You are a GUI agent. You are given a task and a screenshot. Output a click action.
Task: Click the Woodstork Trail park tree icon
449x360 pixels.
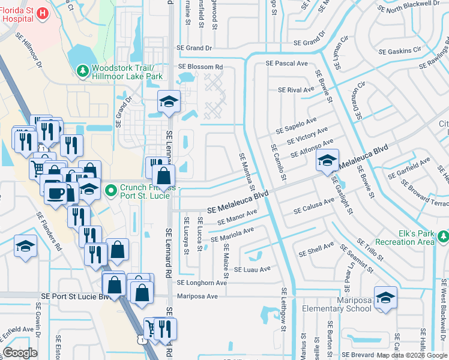[x=83, y=72]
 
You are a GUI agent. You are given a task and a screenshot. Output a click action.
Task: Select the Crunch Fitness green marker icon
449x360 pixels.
[x=110, y=191]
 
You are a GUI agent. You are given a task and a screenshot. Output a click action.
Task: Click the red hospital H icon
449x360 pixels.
[x=42, y=13]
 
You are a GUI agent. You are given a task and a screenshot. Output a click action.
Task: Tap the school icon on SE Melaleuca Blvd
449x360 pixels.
[x=327, y=160]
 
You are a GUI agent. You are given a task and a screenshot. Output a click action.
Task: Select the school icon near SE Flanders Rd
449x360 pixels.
[x=26, y=246]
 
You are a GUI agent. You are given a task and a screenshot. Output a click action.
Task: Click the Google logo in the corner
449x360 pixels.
[x=20, y=353]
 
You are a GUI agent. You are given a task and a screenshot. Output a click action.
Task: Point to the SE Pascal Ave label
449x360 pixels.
[x=287, y=64]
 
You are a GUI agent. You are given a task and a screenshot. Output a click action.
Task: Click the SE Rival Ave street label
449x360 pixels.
[x=296, y=90]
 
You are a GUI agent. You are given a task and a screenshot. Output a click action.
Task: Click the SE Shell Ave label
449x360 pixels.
[x=316, y=250]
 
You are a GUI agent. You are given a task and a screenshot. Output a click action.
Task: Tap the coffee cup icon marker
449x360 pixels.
[x=56, y=193]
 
